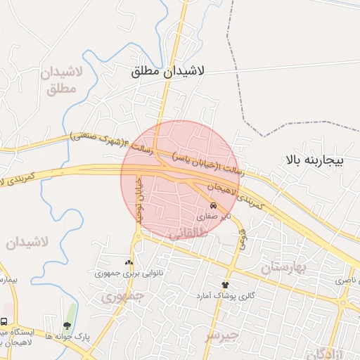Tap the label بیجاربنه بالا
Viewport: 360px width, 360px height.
(314, 161)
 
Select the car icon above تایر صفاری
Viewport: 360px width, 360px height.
(212, 206)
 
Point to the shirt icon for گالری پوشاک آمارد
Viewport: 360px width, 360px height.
(226, 284)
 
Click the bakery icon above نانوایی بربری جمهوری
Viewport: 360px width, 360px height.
(128, 260)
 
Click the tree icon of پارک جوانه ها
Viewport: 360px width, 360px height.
(67, 326)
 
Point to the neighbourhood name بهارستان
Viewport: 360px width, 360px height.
(285, 268)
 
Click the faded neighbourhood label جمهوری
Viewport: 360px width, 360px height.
(121, 297)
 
